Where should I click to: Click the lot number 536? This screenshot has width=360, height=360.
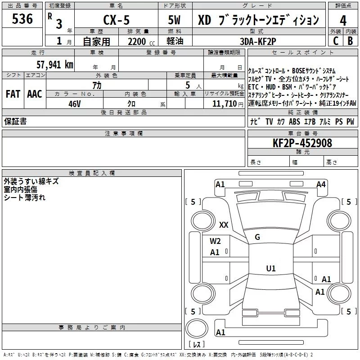pos(22,18)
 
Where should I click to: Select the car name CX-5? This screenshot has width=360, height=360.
pos(116,20)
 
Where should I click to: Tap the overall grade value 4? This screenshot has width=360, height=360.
pos(343,20)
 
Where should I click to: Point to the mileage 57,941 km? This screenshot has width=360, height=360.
pos(55,64)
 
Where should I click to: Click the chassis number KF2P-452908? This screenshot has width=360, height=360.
pos(302,143)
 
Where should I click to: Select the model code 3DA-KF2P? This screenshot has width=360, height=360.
pos(258,41)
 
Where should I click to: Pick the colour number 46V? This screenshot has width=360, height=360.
pos(75,104)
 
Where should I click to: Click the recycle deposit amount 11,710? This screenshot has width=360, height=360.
pos(224,104)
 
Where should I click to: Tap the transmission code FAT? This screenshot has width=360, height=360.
pos(13,94)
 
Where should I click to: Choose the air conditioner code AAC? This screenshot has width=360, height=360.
pos(35,94)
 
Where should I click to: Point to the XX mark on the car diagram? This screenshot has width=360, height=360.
pos(224,225)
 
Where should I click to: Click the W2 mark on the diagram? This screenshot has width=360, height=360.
pos(215,241)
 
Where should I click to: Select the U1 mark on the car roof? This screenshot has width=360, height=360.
pos(271,268)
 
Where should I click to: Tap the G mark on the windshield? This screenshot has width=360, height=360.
pos(257,237)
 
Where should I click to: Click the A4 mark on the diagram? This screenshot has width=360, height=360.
pos(321,184)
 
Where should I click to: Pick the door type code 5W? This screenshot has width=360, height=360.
pos(174,20)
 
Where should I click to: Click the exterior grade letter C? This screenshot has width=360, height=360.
pos(336,41)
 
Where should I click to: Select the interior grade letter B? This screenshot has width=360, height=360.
pos(350,41)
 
